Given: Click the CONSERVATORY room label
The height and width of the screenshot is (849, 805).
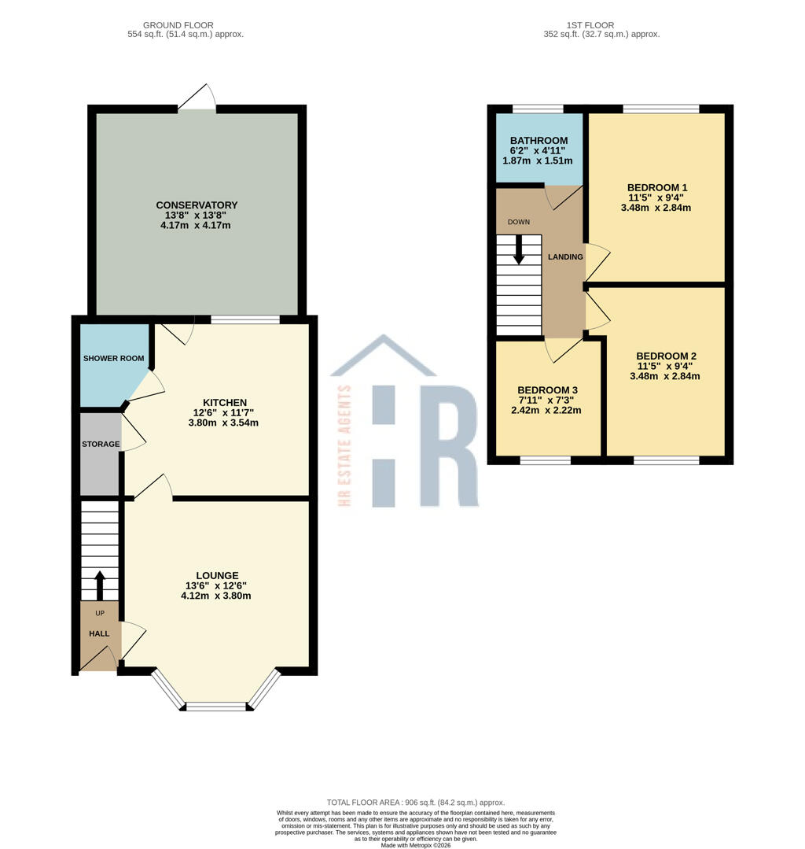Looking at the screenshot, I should (197, 205).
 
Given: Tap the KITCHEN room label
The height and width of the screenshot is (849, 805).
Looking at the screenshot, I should (225, 402).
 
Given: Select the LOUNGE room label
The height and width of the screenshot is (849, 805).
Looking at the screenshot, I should (217, 575).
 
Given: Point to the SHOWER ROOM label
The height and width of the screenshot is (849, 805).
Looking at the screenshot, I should (114, 359).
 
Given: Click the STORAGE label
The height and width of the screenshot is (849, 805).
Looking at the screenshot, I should (101, 444).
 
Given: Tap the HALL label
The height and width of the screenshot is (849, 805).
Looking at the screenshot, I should (99, 633).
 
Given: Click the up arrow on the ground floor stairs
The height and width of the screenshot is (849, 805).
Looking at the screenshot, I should (100, 585).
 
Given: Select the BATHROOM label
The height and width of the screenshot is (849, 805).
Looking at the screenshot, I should (539, 141).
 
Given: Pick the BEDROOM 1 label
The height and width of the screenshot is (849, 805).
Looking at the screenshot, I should (657, 187).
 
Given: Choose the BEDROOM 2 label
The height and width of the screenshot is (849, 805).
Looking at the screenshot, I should (666, 356).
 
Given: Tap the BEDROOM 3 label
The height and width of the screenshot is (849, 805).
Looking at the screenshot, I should (547, 390).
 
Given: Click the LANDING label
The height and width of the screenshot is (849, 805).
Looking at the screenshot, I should (565, 257).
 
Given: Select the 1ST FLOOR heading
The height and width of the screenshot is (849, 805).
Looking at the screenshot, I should (601, 25).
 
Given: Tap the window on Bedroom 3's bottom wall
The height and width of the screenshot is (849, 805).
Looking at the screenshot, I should (545, 460).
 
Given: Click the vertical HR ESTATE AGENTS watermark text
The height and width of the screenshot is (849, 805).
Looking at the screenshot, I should (344, 445).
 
